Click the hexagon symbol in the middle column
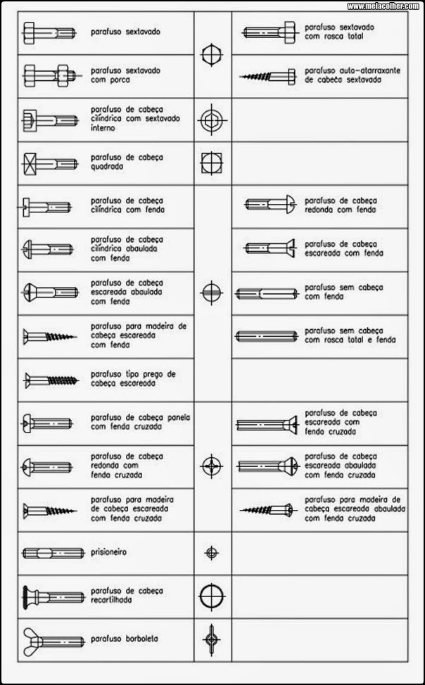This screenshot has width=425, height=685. (x=211, y=55)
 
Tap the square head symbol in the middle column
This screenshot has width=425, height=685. (x=211, y=163)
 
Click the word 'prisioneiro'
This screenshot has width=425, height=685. (x=110, y=552)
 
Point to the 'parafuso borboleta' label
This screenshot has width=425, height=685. (x=125, y=639)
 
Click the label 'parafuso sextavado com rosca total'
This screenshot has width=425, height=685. (x=339, y=32)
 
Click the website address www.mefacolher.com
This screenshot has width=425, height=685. (x=383, y=6)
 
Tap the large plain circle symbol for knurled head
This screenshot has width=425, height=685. (x=211, y=596)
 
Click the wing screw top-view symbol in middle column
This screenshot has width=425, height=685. (x=211, y=639)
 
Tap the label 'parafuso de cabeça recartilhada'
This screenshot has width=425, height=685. (x=127, y=596)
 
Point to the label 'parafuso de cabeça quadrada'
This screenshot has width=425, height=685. (x=127, y=162)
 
